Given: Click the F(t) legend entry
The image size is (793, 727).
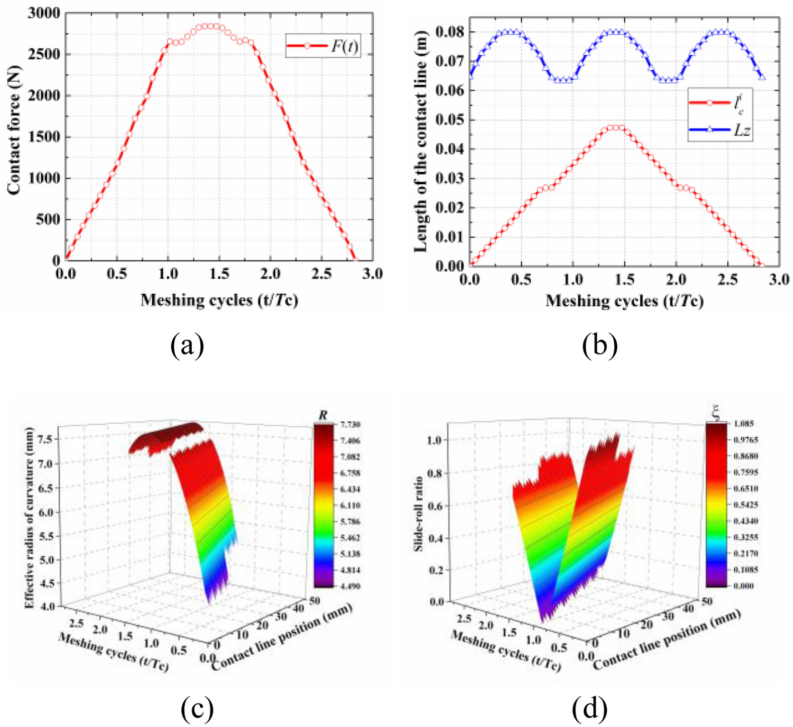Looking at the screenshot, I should (x=323, y=46).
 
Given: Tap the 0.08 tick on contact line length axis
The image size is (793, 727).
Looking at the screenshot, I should (x=450, y=32).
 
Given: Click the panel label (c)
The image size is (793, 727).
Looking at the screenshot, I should (x=197, y=709).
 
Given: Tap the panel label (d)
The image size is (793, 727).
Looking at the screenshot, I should (x=589, y=709).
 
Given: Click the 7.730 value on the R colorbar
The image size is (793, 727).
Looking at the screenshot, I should (x=350, y=424).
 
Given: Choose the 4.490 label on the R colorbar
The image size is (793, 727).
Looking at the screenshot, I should (x=350, y=586).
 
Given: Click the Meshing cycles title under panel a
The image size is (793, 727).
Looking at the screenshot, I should (x=219, y=300).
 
